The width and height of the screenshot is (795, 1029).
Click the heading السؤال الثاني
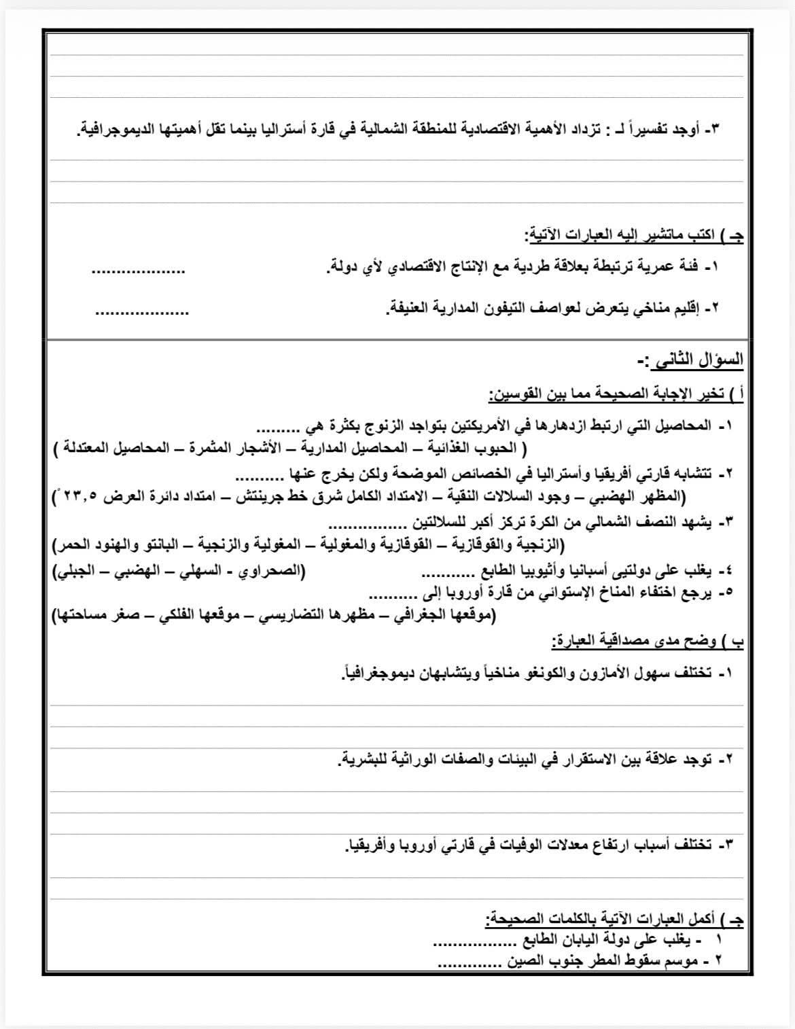pos(696,361)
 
